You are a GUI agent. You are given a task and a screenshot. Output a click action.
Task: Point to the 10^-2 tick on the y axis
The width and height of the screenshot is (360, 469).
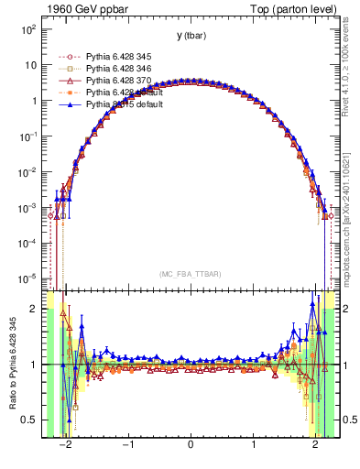click(28, 171)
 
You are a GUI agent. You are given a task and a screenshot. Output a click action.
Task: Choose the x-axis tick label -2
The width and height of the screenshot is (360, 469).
click(65, 448)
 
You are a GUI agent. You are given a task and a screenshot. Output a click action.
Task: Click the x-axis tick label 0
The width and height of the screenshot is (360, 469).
click(191, 448)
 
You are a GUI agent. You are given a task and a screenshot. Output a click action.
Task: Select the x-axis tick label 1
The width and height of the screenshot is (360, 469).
click(253, 448)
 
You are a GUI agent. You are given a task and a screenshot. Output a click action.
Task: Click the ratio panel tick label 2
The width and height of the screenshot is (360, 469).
click(34, 309)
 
